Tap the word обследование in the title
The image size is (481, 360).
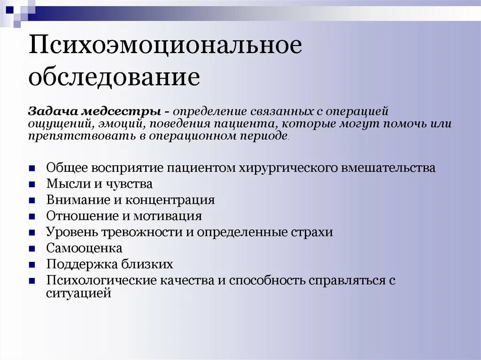click(x=114, y=77)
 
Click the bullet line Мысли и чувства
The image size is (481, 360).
click(x=99, y=184)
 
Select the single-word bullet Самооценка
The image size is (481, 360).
click(x=84, y=248)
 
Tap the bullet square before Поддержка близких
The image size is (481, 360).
click(x=31, y=265)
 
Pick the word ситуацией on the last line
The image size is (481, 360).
click(x=78, y=293)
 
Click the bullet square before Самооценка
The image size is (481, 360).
click(x=31, y=249)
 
